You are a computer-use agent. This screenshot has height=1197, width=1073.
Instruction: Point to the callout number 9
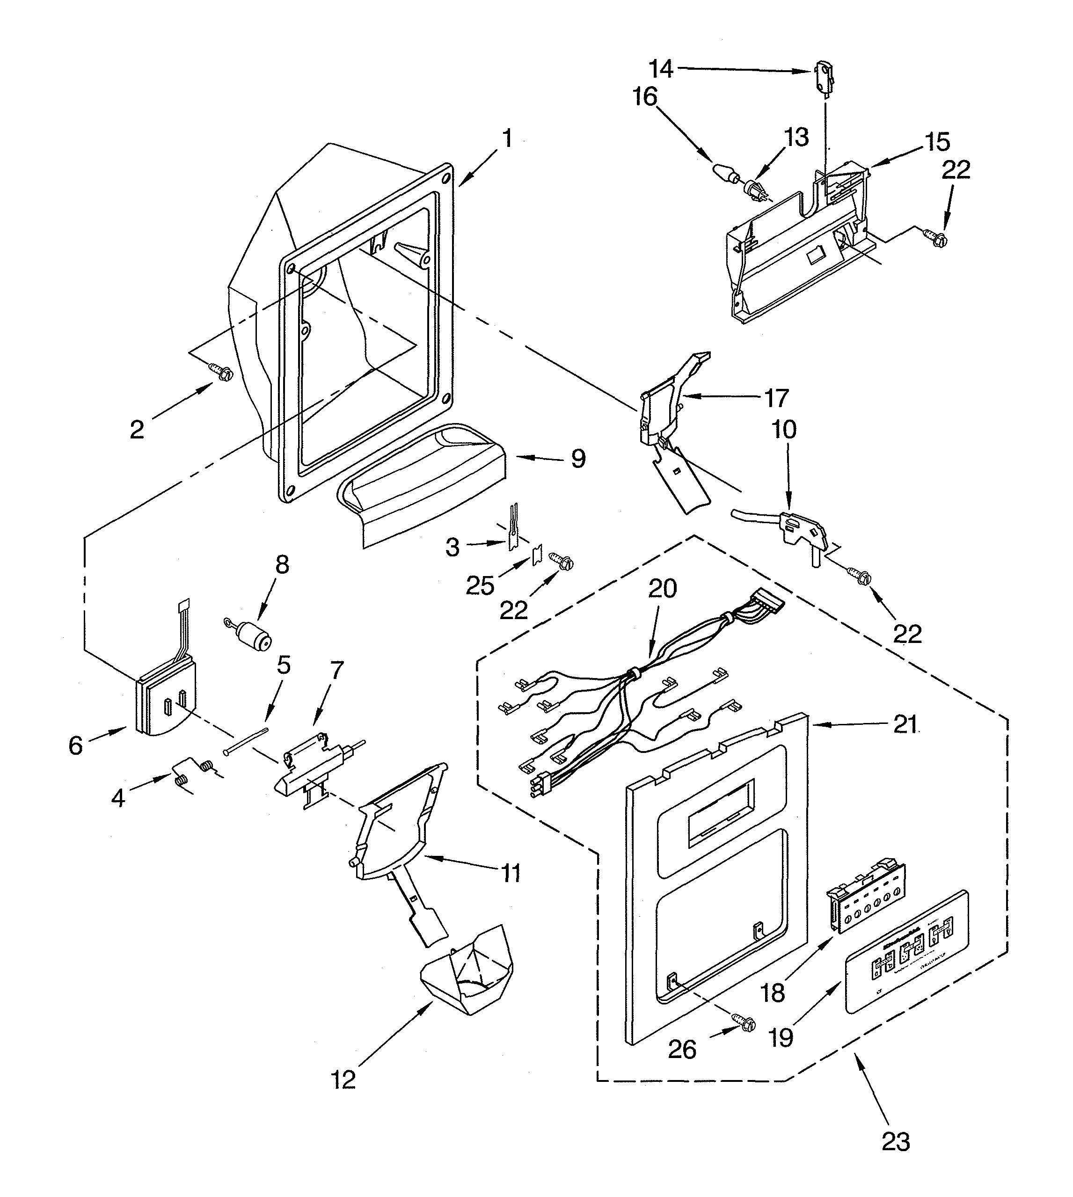click(578, 458)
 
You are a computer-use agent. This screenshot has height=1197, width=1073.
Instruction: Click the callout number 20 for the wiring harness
click(663, 589)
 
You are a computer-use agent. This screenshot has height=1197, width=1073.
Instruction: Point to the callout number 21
click(905, 724)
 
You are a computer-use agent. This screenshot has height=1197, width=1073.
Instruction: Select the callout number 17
click(776, 399)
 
